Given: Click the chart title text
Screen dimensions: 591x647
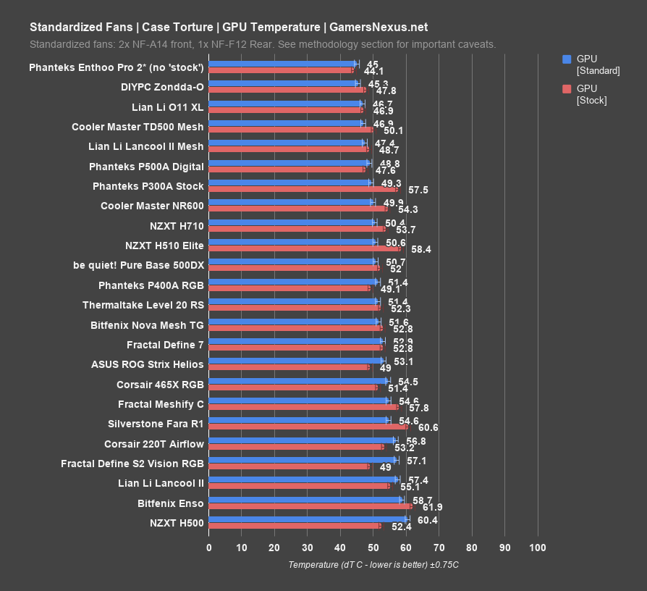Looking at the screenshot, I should coord(228,28).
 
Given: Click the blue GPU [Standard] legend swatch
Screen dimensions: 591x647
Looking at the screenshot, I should coord(567,59).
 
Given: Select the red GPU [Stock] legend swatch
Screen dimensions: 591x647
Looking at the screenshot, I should coord(567,88).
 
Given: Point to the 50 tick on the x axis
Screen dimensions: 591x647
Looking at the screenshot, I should coord(373,548).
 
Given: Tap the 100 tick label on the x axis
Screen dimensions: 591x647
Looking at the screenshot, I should coord(537,548).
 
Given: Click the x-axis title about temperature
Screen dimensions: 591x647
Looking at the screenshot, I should coord(373,564).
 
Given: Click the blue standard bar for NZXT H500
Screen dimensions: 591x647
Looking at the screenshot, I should coord(308,519).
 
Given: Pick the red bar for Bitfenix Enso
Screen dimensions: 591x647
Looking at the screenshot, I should coord(310,506).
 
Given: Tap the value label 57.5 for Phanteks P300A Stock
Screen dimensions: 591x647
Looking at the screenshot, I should coord(418,190).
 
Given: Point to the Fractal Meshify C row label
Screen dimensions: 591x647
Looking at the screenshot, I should coord(161,404).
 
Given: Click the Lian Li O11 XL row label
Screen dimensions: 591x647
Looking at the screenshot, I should coord(168,107).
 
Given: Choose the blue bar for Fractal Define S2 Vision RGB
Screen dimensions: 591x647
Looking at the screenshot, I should coord(303,459).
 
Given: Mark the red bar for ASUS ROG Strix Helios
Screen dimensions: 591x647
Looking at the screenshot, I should coord(289,367).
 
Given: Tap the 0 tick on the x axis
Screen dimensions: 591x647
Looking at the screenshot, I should coord(208,548).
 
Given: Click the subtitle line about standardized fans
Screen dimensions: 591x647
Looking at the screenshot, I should coord(263,44).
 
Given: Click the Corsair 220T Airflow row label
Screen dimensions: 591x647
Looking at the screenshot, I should coord(154,443).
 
